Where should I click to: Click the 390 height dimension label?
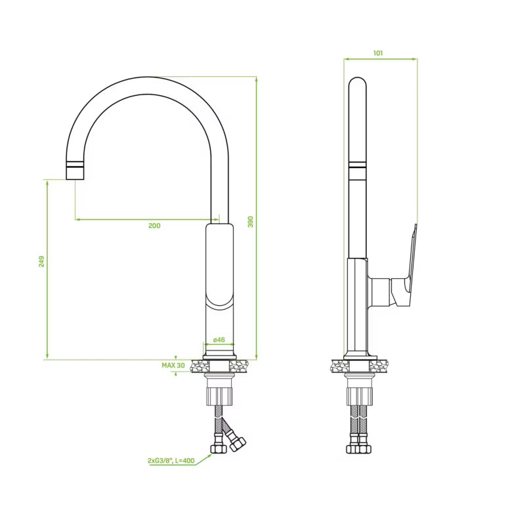[x=251, y=222]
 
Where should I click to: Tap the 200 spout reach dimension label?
[x=154, y=226]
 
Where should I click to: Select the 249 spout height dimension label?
[x=41, y=261]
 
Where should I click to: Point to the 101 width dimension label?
[x=378, y=53]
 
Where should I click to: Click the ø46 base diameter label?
[x=219, y=339]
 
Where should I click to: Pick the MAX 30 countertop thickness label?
[x=173, y=366]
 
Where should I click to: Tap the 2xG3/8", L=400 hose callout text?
[x=171, y=461]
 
